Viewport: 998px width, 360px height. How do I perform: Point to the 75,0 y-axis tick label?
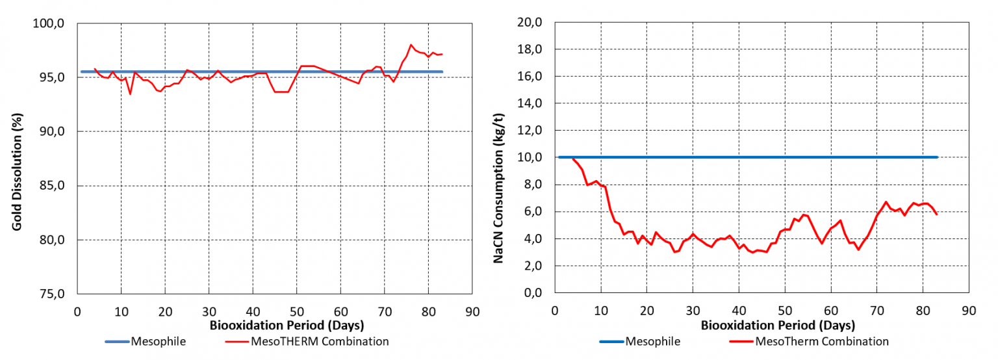click(55, 294)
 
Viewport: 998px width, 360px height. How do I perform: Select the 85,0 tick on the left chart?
click(55, 186)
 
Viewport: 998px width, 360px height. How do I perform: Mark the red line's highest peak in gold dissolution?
click(411, 45)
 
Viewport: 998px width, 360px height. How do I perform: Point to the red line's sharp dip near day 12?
click(130, 94)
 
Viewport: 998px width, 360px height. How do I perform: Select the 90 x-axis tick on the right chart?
click(968, 311)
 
